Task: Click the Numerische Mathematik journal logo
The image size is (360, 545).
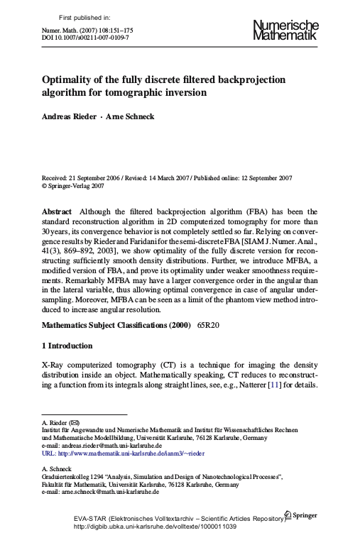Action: coord(285,31)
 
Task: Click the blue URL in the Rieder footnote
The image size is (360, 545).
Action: coord(126,452)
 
